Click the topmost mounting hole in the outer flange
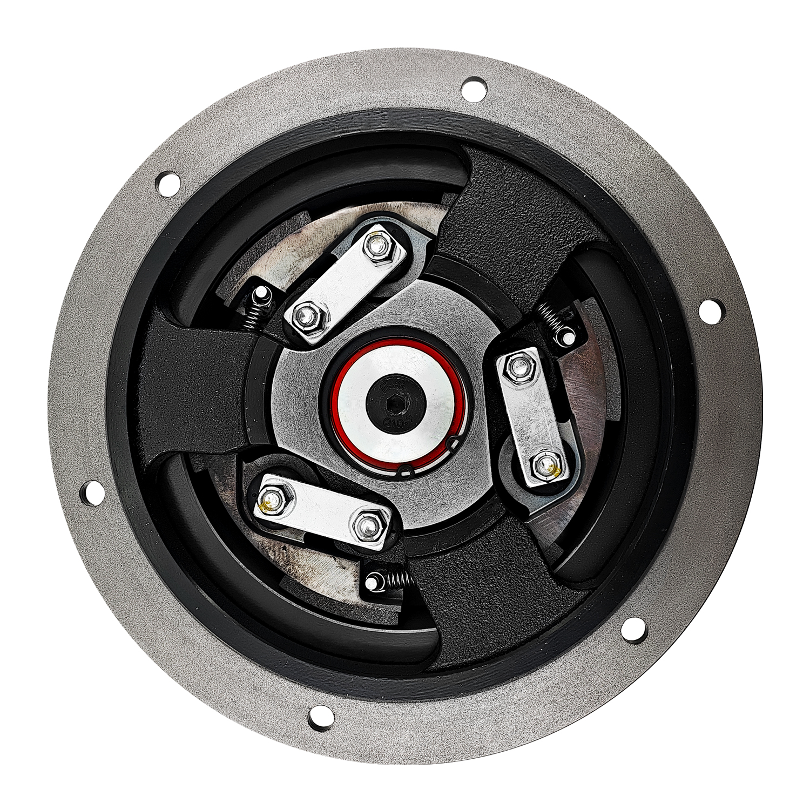click(474, 89)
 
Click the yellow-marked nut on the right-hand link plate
click(549, 467)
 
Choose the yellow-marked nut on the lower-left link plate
click(274, 499)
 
